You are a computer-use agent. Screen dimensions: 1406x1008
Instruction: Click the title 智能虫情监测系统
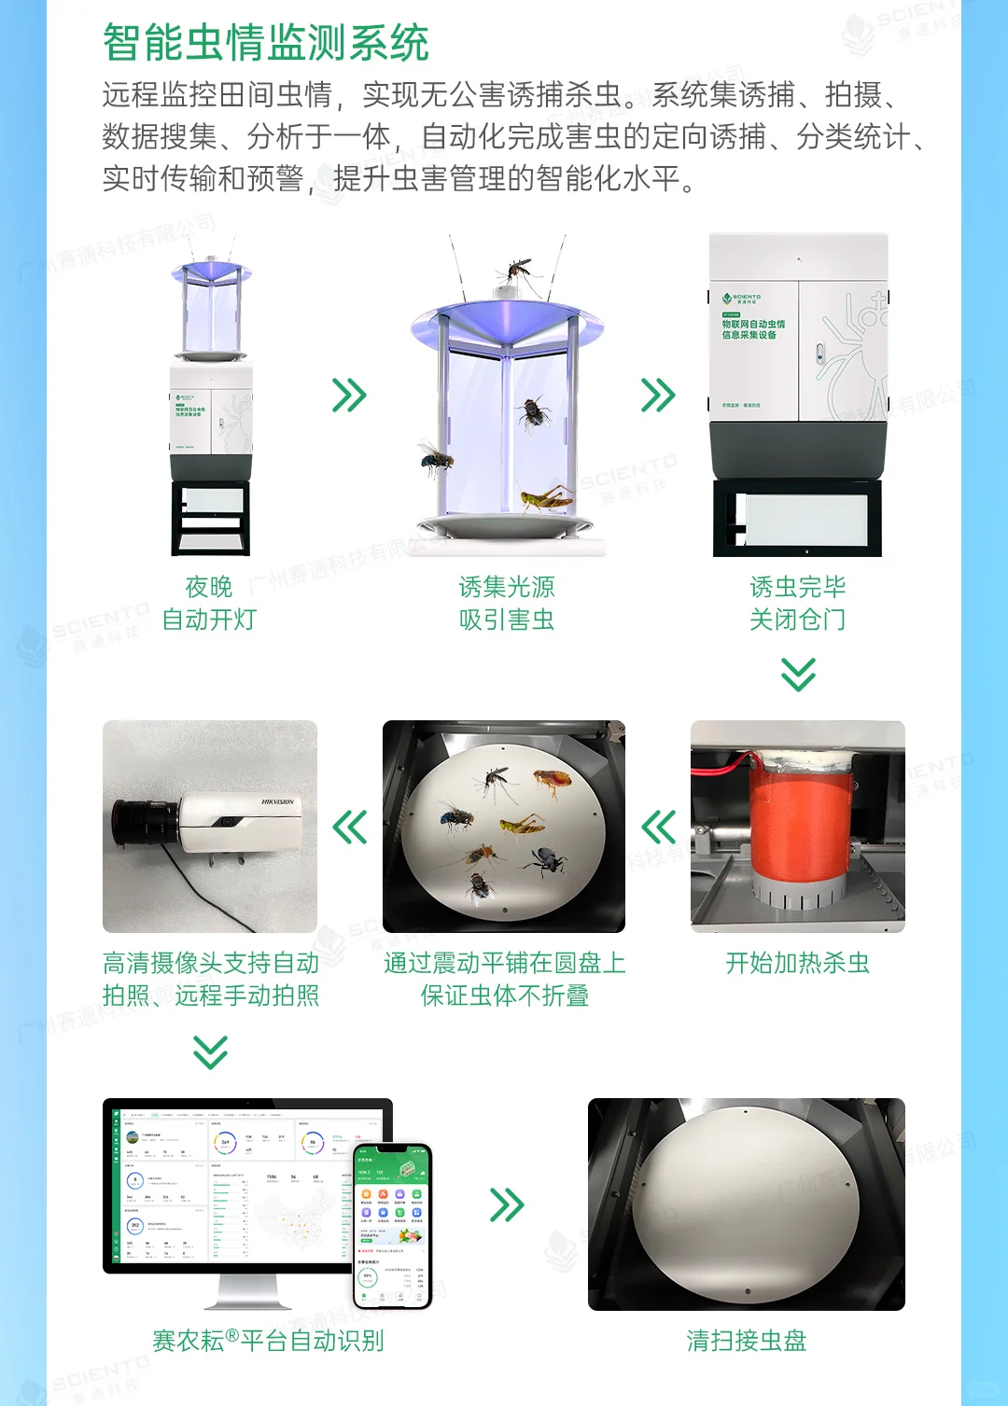[265, 43]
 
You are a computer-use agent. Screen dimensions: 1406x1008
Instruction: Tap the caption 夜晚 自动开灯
[208, 603]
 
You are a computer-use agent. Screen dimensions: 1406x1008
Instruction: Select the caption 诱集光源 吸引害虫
[507, 603]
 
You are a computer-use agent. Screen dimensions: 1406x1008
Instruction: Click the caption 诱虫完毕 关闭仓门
[798, 603]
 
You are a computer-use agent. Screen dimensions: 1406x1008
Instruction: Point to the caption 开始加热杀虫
[798, 963]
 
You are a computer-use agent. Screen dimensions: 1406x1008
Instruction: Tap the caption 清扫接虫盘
[747, 1341]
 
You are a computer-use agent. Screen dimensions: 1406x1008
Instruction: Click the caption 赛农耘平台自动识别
[268, 1341]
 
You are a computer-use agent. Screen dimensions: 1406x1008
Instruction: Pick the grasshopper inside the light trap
[546, 498]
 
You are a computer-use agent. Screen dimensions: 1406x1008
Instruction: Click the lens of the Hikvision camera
[140, 818]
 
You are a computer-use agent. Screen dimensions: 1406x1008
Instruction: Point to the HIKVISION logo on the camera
[277, 801]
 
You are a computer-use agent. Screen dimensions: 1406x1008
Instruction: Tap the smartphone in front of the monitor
[392, 1225]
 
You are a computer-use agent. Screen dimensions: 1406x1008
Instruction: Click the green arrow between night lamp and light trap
[349, 396]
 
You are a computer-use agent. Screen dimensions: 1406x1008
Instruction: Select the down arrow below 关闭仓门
[798, 674]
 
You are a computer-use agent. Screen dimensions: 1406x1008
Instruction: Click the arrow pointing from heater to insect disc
[659, 827]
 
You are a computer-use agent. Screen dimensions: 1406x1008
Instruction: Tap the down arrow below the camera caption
[210, 1051]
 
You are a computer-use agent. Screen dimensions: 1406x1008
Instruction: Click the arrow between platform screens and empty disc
[507, 1204]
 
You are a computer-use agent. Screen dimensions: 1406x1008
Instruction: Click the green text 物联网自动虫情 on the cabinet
[753, 324]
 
